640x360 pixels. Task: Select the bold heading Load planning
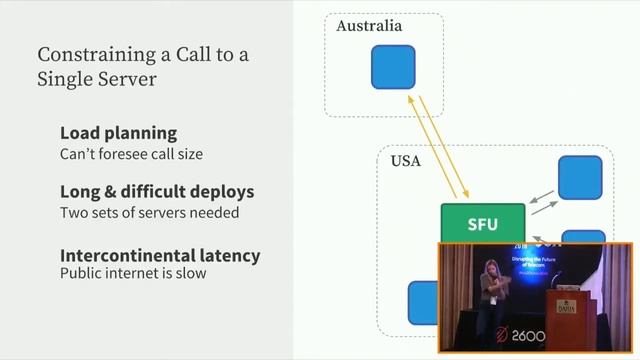[x=118, y=133]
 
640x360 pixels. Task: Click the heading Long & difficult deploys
[x=157, y=191]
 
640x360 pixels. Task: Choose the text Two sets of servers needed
[x=149, y=212]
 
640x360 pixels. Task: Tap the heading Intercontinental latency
[x=160, y=255]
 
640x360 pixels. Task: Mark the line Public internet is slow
[x=133, y=273]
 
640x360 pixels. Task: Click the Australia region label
[x=369, y=26]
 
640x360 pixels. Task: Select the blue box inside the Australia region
[x=393, y=67]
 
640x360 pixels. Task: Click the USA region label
[x=405, y=161]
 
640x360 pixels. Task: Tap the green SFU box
[x=482, y=224]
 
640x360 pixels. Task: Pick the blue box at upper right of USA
[x=579, y=177]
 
